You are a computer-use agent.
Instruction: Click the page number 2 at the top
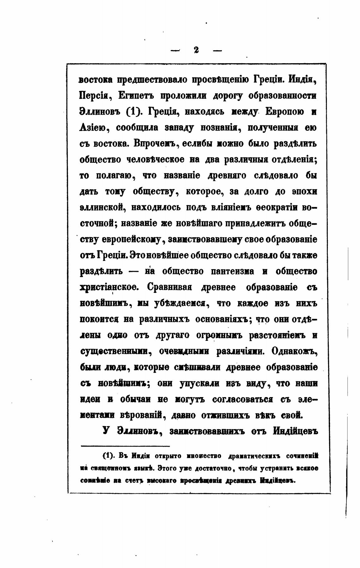point(196,50)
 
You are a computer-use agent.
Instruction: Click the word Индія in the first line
point(303,80)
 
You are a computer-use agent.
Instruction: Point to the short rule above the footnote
point(125,446)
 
